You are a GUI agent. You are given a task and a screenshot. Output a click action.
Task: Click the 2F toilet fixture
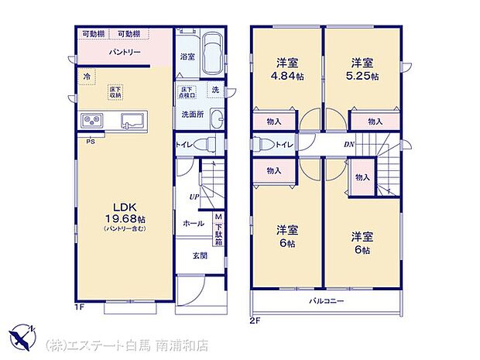(x=260, y=144)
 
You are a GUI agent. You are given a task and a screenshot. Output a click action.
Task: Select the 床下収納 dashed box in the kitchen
(x=115, y=90)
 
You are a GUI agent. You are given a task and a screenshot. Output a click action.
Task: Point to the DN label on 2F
(x=349, y=144)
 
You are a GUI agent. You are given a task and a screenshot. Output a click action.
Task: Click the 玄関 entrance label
(x=199, y=256)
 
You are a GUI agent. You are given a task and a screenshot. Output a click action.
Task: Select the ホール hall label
(x=193, y=224)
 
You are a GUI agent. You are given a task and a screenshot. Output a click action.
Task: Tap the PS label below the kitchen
(x=91, y=141)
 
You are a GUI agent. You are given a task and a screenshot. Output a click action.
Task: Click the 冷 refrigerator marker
(x=87, y=76)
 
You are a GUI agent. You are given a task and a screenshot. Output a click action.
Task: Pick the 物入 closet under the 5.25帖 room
(x=375, y=122)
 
